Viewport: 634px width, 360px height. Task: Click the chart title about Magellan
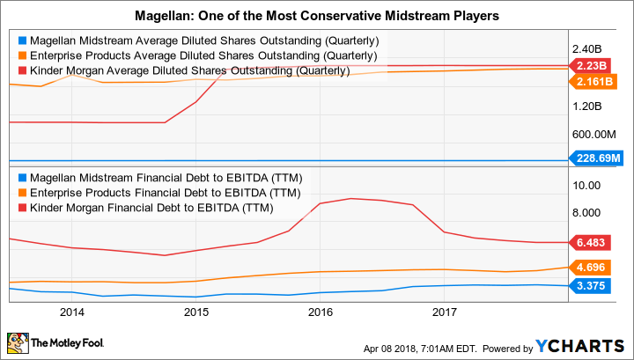[x=316, y=15]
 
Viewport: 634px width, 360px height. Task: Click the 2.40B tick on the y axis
[x=586, y=49]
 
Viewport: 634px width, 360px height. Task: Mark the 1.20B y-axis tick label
[x=586, y=106]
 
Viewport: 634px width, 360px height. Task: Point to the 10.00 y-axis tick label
[x=586, y=185]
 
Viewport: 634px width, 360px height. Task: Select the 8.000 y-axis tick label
[x=586, y=212]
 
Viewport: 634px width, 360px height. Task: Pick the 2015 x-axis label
[x=195, y=312]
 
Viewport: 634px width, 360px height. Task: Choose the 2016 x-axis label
[x=321, y=312]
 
